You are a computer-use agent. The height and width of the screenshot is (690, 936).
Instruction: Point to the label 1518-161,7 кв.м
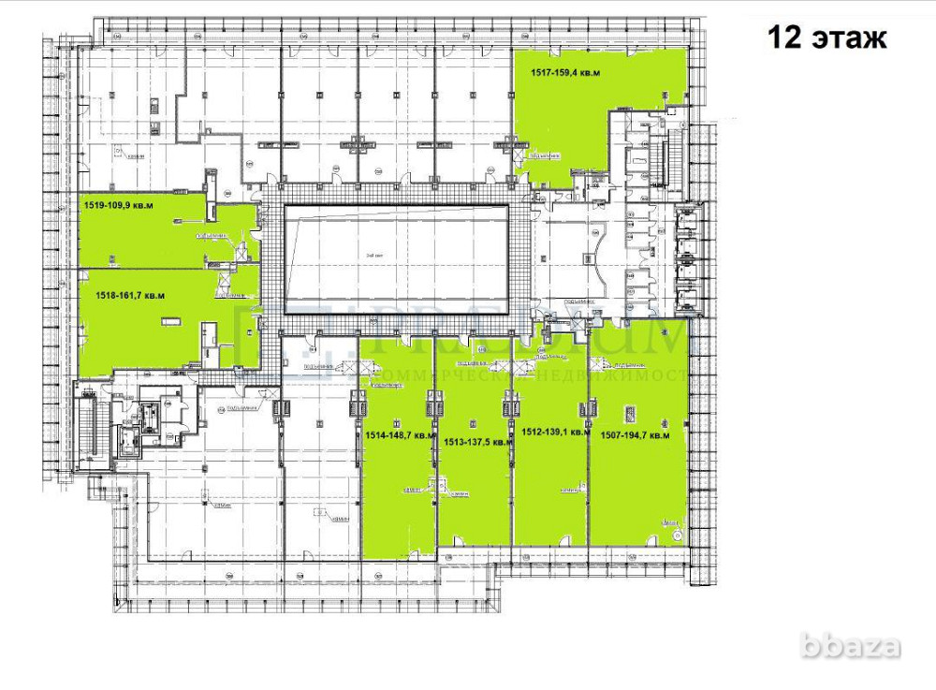tap(130, 295)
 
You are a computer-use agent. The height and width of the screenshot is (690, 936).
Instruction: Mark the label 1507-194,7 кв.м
tap(635, 435)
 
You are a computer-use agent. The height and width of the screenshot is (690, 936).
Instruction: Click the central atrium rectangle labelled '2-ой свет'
tap(397, 253)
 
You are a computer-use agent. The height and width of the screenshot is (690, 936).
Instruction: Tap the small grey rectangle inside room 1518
tap(170, 321)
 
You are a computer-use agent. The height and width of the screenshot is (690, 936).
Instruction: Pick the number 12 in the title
tap(783, 37)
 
